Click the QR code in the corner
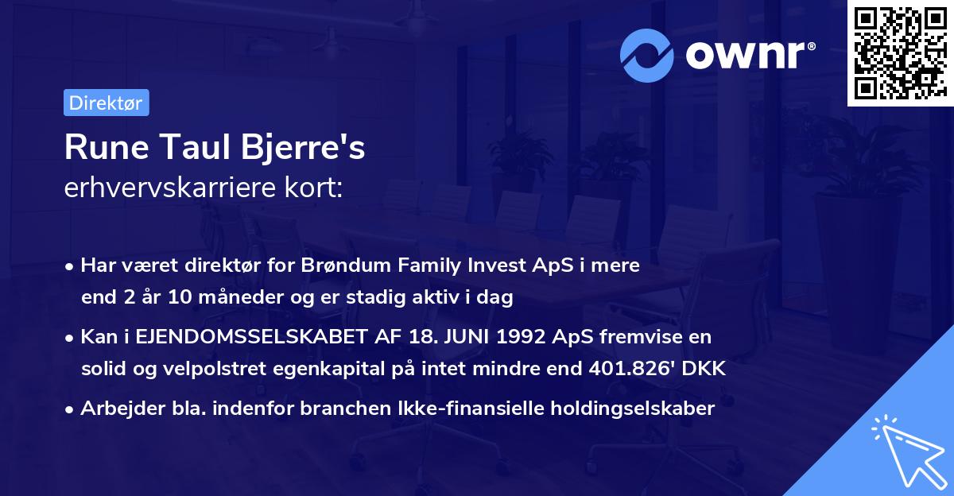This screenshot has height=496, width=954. click(x=899, y=53)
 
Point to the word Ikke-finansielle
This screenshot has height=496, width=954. click(x=467, y=409)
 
